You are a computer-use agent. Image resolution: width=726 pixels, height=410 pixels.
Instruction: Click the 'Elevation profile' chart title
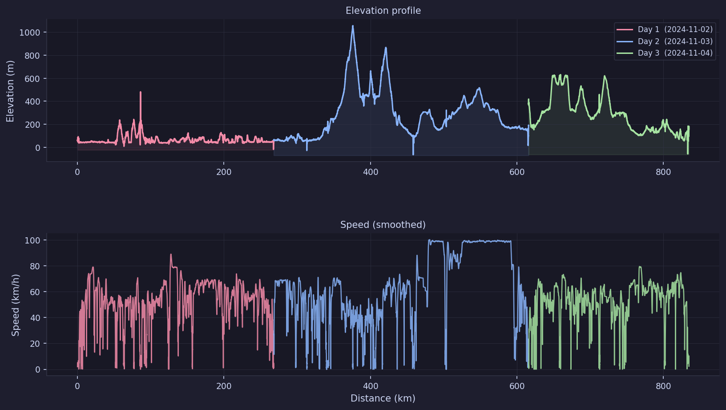[x=383, y=11]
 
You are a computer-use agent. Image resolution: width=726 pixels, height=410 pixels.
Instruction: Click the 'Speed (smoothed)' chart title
[x=383, y=225]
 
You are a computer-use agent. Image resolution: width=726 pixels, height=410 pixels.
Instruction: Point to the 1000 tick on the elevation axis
[x=29, y=32]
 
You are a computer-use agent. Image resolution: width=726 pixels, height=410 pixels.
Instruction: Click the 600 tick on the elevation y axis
[x=32, y=79]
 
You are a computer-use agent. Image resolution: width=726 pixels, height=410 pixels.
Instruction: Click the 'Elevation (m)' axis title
[x=10, y=91]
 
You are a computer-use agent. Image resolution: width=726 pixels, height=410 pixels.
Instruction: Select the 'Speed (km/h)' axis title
[x=16, y=305]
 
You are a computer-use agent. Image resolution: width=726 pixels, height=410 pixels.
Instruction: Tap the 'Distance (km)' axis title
[x=383, y=398]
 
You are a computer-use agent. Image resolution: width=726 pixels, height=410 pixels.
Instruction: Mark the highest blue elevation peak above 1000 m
[x=353, y=26]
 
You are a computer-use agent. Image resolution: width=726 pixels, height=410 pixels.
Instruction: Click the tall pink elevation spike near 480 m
[x=141, y=93]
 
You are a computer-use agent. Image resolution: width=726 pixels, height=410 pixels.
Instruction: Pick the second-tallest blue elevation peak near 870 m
[x=386, y=48]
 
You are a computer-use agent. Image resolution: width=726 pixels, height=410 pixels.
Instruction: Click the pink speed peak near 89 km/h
[x=171, y=255]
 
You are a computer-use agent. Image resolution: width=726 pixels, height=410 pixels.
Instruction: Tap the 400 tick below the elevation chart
[x=371, y=172]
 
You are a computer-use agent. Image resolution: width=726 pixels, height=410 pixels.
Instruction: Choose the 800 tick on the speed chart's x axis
[x=663, y=386]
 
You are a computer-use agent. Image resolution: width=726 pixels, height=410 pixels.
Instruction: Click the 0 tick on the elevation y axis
[x=37, y=148]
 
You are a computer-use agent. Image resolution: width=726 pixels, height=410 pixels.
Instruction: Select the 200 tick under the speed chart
[x=224, y=386]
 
